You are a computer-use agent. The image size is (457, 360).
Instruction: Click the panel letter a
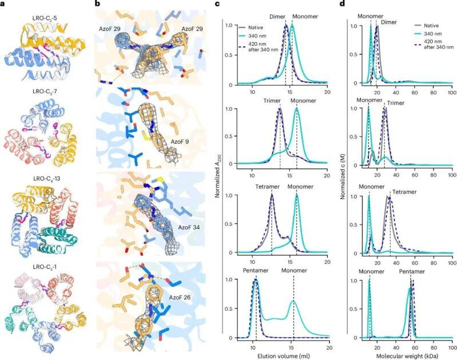4,5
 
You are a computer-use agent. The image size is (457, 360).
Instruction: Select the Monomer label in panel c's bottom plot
293,272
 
